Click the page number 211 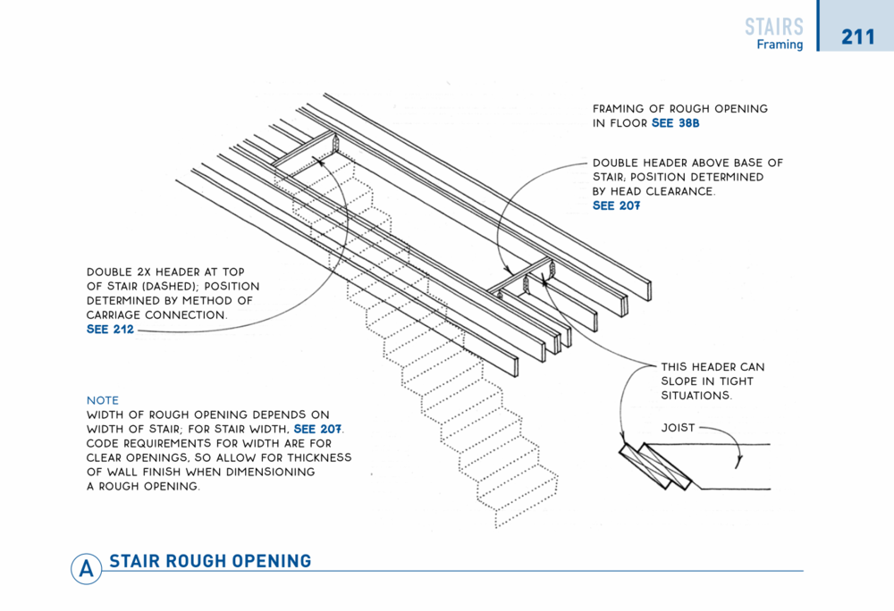(857, 38)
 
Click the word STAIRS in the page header (774, 27)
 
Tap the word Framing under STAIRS (780, 45)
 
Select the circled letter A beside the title (86, 569)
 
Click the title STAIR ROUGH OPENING (210, 561)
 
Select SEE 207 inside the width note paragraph (318, 430)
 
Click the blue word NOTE (103, 400)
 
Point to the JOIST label (679, 428)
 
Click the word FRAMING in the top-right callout (623, 109)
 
